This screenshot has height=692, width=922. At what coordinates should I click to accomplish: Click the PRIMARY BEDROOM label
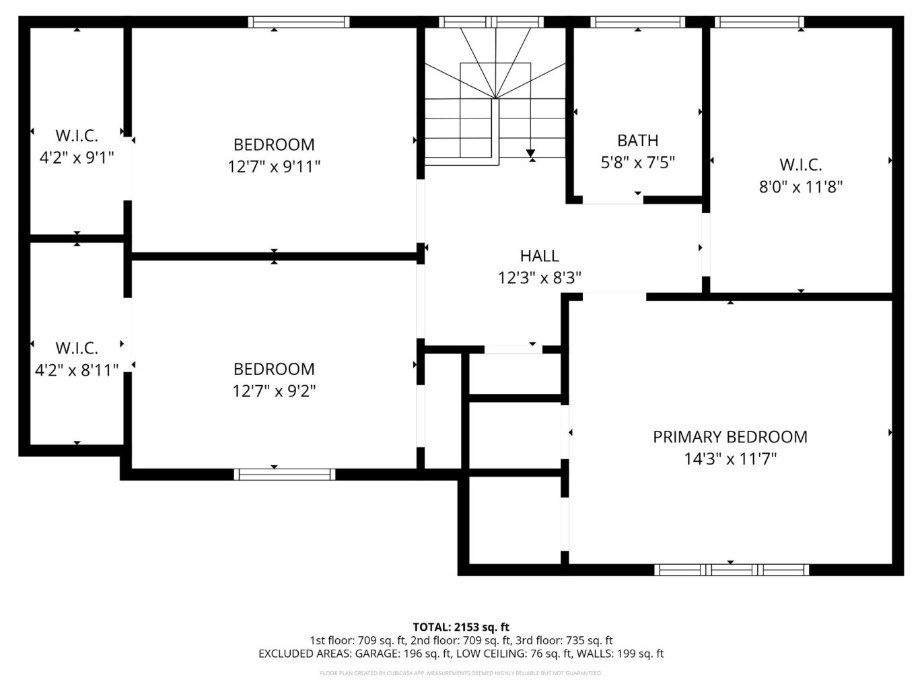[730, 437]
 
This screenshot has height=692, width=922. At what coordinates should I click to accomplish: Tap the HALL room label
[539, 256]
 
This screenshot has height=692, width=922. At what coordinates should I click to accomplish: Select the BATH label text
[637, 140]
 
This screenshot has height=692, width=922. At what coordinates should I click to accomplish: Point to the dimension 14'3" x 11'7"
[730, 459]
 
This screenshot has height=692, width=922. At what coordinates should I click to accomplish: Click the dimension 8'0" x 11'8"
[801, 186]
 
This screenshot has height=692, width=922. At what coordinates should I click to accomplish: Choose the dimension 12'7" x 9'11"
[274, 167]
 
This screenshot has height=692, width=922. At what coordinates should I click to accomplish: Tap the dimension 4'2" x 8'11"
[77, 371]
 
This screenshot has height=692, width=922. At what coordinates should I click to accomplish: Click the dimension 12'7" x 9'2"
[274, 391]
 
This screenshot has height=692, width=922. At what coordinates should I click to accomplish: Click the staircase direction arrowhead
[530, 153]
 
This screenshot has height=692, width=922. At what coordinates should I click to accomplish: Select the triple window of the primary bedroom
[732, 569]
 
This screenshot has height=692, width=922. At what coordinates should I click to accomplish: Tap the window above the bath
[637, 22]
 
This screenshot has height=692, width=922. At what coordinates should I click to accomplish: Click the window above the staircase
[491, 22]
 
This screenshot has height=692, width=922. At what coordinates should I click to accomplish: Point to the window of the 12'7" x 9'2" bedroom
[285, 475]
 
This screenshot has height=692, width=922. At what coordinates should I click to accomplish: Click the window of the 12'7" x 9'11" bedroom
[299, 22]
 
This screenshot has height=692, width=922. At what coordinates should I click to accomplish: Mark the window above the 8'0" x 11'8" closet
[759, 22]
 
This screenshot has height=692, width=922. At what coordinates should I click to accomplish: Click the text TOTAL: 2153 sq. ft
[461, 627]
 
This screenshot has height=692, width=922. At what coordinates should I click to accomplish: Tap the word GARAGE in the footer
[377, 654]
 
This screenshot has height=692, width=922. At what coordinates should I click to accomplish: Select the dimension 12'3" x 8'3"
[539, 278]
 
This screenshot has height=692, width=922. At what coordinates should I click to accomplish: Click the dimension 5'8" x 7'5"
[637, 162]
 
